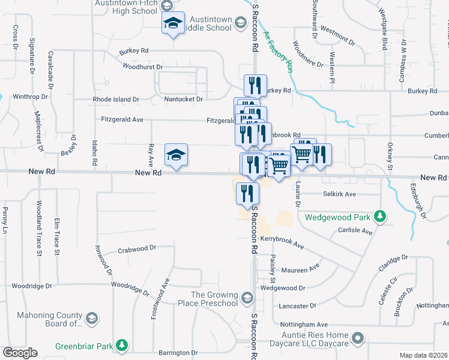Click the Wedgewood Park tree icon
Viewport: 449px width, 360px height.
click(x=379, y=215)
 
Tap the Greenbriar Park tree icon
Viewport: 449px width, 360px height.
click(x=122, y=345)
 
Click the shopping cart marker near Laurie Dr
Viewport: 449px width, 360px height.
click(x=301, y=155)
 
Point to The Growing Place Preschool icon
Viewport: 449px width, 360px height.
click(x=247, y=298)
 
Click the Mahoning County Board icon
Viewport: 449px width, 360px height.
click(x=92, y=317)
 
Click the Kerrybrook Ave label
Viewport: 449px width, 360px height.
click(x=282, y=243)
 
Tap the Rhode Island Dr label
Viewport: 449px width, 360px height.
click(x=116, y=99)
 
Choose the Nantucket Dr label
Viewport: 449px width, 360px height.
click(x=184, y=99)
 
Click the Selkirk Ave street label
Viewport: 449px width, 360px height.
click(x=339, y=194)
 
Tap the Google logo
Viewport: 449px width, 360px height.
click(x=20, y=352)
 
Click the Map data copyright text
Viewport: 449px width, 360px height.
click(x=423, y=355)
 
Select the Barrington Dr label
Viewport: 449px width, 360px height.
click(x=178, y=352)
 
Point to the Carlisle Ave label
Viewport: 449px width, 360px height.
click(x=355, y=231)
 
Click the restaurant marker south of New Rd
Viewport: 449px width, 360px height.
click(x=247, y=194)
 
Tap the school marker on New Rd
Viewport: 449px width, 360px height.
click(x=176, y=155)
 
